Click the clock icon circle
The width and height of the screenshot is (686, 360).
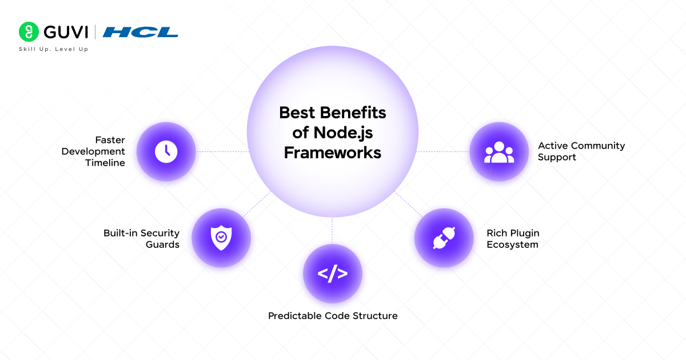click(166, 151)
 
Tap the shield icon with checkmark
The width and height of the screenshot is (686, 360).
click(221, 238)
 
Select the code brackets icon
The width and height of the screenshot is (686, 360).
click(332, 274)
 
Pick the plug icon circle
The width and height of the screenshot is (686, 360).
click(444, 238)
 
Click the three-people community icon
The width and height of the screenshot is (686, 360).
click(499, 152)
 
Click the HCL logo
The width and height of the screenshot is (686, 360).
click(141, 31)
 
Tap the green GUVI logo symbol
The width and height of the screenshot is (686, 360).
click(27, 31)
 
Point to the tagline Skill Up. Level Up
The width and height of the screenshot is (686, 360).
click(54, 49)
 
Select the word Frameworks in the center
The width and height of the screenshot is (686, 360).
click(332, 153)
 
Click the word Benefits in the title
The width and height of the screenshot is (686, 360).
click(354, 113)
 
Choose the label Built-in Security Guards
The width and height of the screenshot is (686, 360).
click(141, 239)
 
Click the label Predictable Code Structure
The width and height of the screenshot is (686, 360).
click(333, 315)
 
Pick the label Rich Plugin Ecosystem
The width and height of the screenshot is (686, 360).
click(513, 239)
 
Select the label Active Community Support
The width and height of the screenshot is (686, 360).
click(581, 151)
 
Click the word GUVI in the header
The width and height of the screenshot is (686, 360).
click(64, 31)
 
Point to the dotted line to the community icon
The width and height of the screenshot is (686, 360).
click(442, 151)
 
